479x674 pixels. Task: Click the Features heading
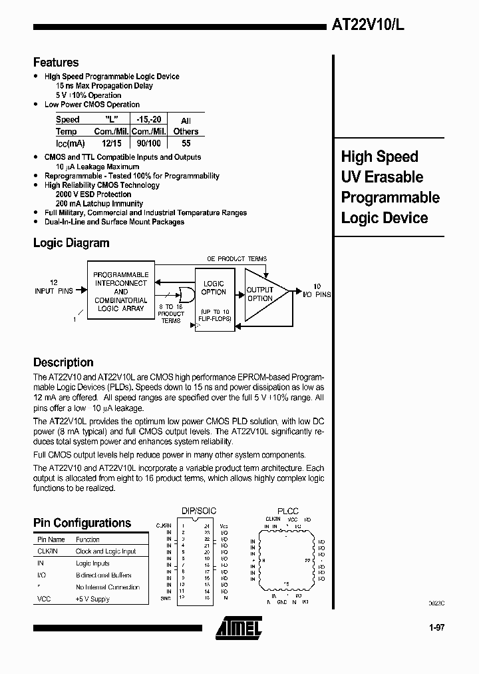click(x=56, y=63)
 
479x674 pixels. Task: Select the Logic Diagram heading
click(x=71, y=243)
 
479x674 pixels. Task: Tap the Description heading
click(x=63, y=362)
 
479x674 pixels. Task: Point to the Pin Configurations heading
click(x=82, y=523)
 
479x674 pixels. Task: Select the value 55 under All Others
click(x=186, y=143)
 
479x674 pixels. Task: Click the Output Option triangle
click(x=262, y=294)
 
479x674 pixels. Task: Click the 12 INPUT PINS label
click(x=53, y=287)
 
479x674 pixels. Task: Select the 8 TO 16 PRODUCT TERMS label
click(x=171, y=313)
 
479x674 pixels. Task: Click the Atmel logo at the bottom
click(x=238, y=627)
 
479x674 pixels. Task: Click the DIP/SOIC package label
click(x=198, y=511)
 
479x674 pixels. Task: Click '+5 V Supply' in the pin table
click(x=92, y=599)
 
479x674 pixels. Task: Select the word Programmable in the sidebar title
click(x=390, y=197)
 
